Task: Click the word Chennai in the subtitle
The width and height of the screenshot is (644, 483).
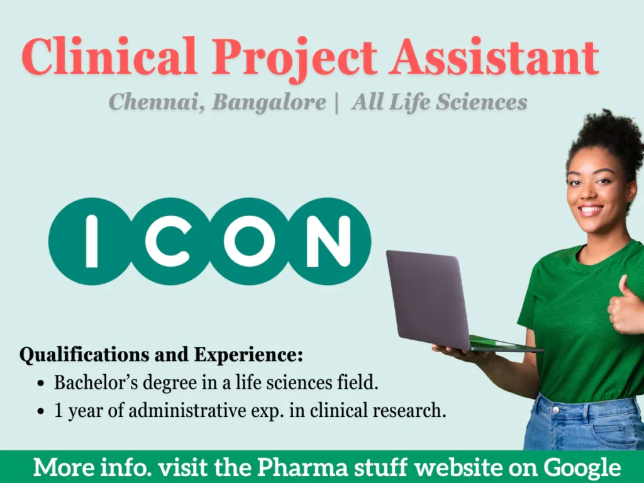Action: [155, 102]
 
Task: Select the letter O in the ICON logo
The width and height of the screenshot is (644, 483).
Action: [249, 241]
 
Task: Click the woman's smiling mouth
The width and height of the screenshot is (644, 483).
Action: [591, 209]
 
